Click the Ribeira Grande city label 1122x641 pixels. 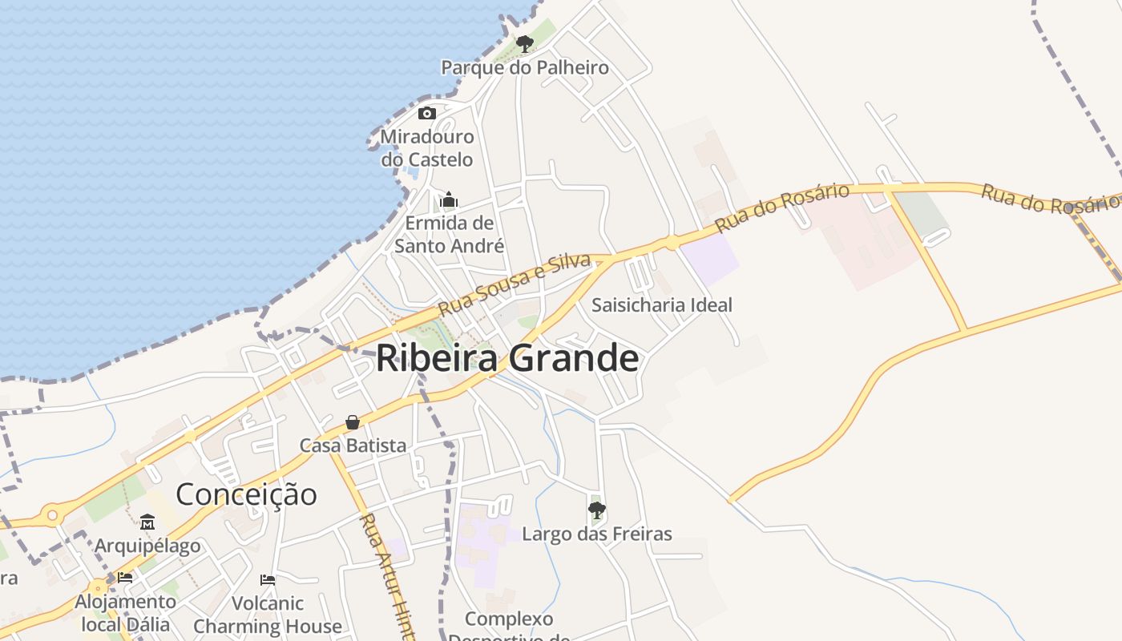(507, 358)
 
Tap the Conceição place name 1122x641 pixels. (246, 494)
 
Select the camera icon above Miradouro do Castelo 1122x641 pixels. (427, 113)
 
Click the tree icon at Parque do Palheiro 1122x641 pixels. (525, 43)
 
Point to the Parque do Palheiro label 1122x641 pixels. (525, 68)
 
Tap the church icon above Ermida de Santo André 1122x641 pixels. (449, 199)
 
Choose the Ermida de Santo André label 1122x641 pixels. (449, 234)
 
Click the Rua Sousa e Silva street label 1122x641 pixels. (514, 284)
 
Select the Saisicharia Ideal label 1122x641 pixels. (662, 305)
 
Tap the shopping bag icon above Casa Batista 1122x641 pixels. (353, 422)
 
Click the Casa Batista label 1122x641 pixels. (353, 445)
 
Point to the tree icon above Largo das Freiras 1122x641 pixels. (597, 510)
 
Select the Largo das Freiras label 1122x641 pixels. (597, 534)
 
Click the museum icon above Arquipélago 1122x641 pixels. (147, 522)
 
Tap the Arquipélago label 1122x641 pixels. (147, 546)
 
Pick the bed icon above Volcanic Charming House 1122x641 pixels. (268, 579)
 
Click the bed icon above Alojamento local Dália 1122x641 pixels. (124, 577)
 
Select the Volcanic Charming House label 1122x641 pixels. (268, 615)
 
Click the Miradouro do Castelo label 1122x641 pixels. (427, 148)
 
